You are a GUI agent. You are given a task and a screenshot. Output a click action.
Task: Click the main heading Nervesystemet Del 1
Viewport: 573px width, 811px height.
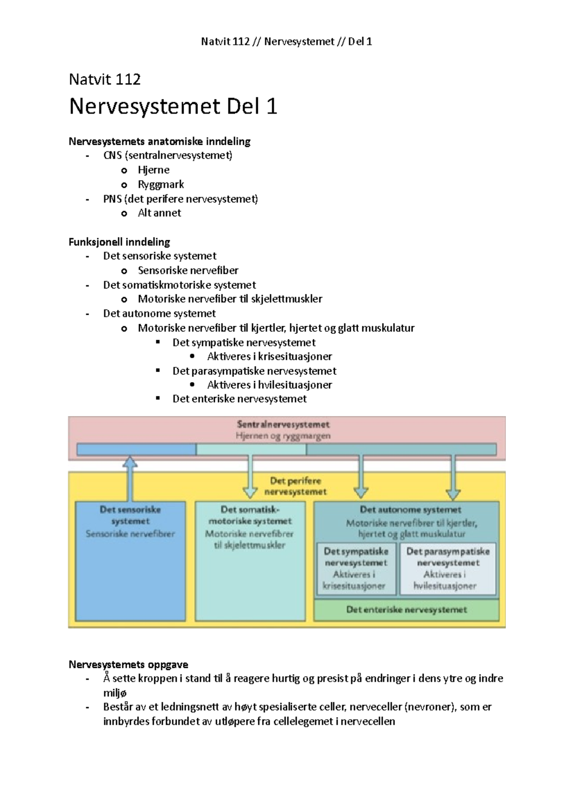(173, 107)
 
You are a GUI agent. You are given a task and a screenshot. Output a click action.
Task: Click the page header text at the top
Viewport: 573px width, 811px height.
(286, 42)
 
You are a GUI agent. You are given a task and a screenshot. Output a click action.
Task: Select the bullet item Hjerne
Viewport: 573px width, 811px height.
(153, 170)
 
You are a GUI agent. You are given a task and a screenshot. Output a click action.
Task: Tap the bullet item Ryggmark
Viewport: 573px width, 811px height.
(160, 184)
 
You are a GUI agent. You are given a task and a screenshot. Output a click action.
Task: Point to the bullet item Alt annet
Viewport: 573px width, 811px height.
(159, 213)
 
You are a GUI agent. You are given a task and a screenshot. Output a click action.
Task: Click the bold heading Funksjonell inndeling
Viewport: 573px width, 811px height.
(119, 242)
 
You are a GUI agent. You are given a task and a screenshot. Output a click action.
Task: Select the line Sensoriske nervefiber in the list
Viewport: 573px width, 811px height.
(188, 270)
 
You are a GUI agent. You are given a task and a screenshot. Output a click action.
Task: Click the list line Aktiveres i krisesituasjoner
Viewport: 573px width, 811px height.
(269, 356)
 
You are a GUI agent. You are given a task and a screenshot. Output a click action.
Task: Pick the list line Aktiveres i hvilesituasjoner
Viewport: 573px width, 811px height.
(269, 385)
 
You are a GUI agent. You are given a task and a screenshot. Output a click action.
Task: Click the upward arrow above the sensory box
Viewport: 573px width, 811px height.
(130, 478)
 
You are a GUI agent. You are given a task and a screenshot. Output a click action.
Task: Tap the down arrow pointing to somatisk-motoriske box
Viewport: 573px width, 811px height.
(250, 478)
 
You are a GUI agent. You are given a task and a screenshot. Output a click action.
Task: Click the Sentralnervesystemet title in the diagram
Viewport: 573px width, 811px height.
(283, 424)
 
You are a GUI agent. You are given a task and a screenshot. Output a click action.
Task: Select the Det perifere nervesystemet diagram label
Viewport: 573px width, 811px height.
(296, 486)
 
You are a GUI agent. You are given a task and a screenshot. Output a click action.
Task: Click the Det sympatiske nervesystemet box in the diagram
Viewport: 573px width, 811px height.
(356, 568)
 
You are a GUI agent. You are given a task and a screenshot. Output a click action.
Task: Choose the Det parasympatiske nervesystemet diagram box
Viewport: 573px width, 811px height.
(447, 568)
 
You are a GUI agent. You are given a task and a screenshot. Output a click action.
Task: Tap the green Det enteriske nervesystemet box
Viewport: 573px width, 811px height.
(406, 610)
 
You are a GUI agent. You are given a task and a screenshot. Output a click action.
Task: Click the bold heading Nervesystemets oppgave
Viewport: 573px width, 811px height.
(128, 664)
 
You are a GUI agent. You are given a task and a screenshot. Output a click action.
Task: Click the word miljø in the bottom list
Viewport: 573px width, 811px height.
(115, 693)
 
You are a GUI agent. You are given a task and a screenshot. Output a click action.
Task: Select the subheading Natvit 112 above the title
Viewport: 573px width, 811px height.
(105, 79)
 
